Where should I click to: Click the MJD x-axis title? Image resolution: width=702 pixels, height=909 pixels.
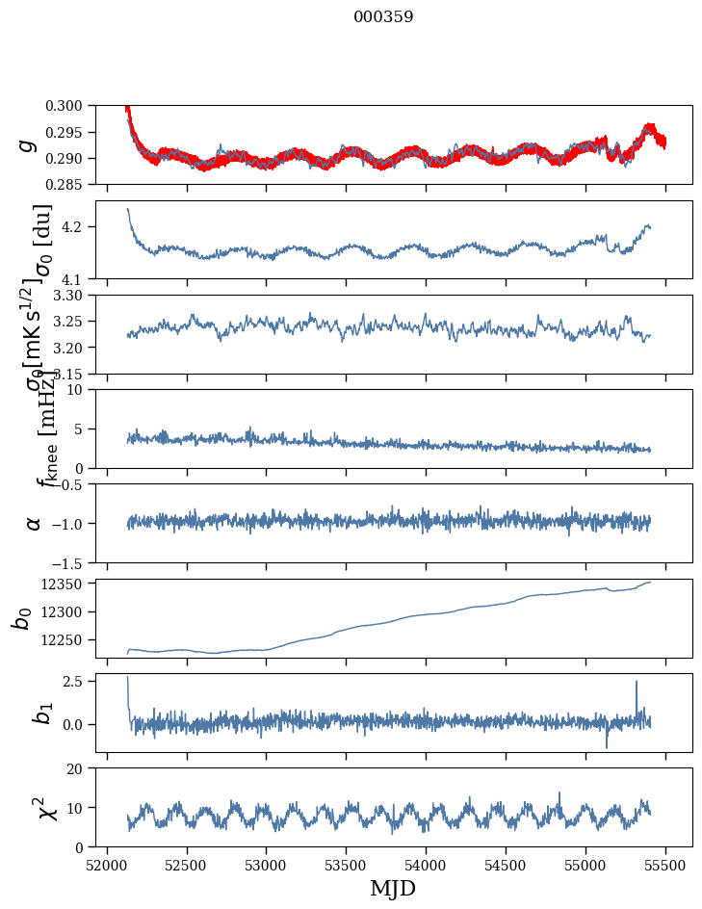point(394,889)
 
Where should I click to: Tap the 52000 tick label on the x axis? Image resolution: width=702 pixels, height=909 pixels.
point(107,865)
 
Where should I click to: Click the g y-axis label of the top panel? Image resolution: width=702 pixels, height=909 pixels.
point(29,144)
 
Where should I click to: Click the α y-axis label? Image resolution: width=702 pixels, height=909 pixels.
point(34,523)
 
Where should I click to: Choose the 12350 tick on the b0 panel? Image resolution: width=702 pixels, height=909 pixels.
point(70,584)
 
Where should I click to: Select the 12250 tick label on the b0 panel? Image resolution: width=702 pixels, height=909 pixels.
point(70,639)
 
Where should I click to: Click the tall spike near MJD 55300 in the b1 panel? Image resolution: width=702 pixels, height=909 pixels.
point(636,683)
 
